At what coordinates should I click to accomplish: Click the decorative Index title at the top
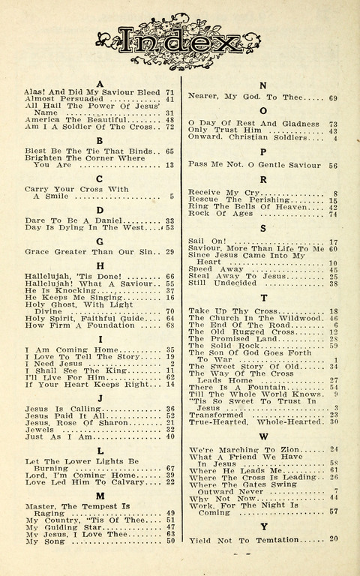180,42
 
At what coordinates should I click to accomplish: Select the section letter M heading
99,496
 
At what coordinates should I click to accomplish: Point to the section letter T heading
263,298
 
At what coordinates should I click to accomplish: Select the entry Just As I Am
54,436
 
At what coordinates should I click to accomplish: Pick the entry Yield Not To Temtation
241,539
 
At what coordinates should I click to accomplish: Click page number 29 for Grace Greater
169,252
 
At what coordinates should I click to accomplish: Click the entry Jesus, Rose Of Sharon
69,422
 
